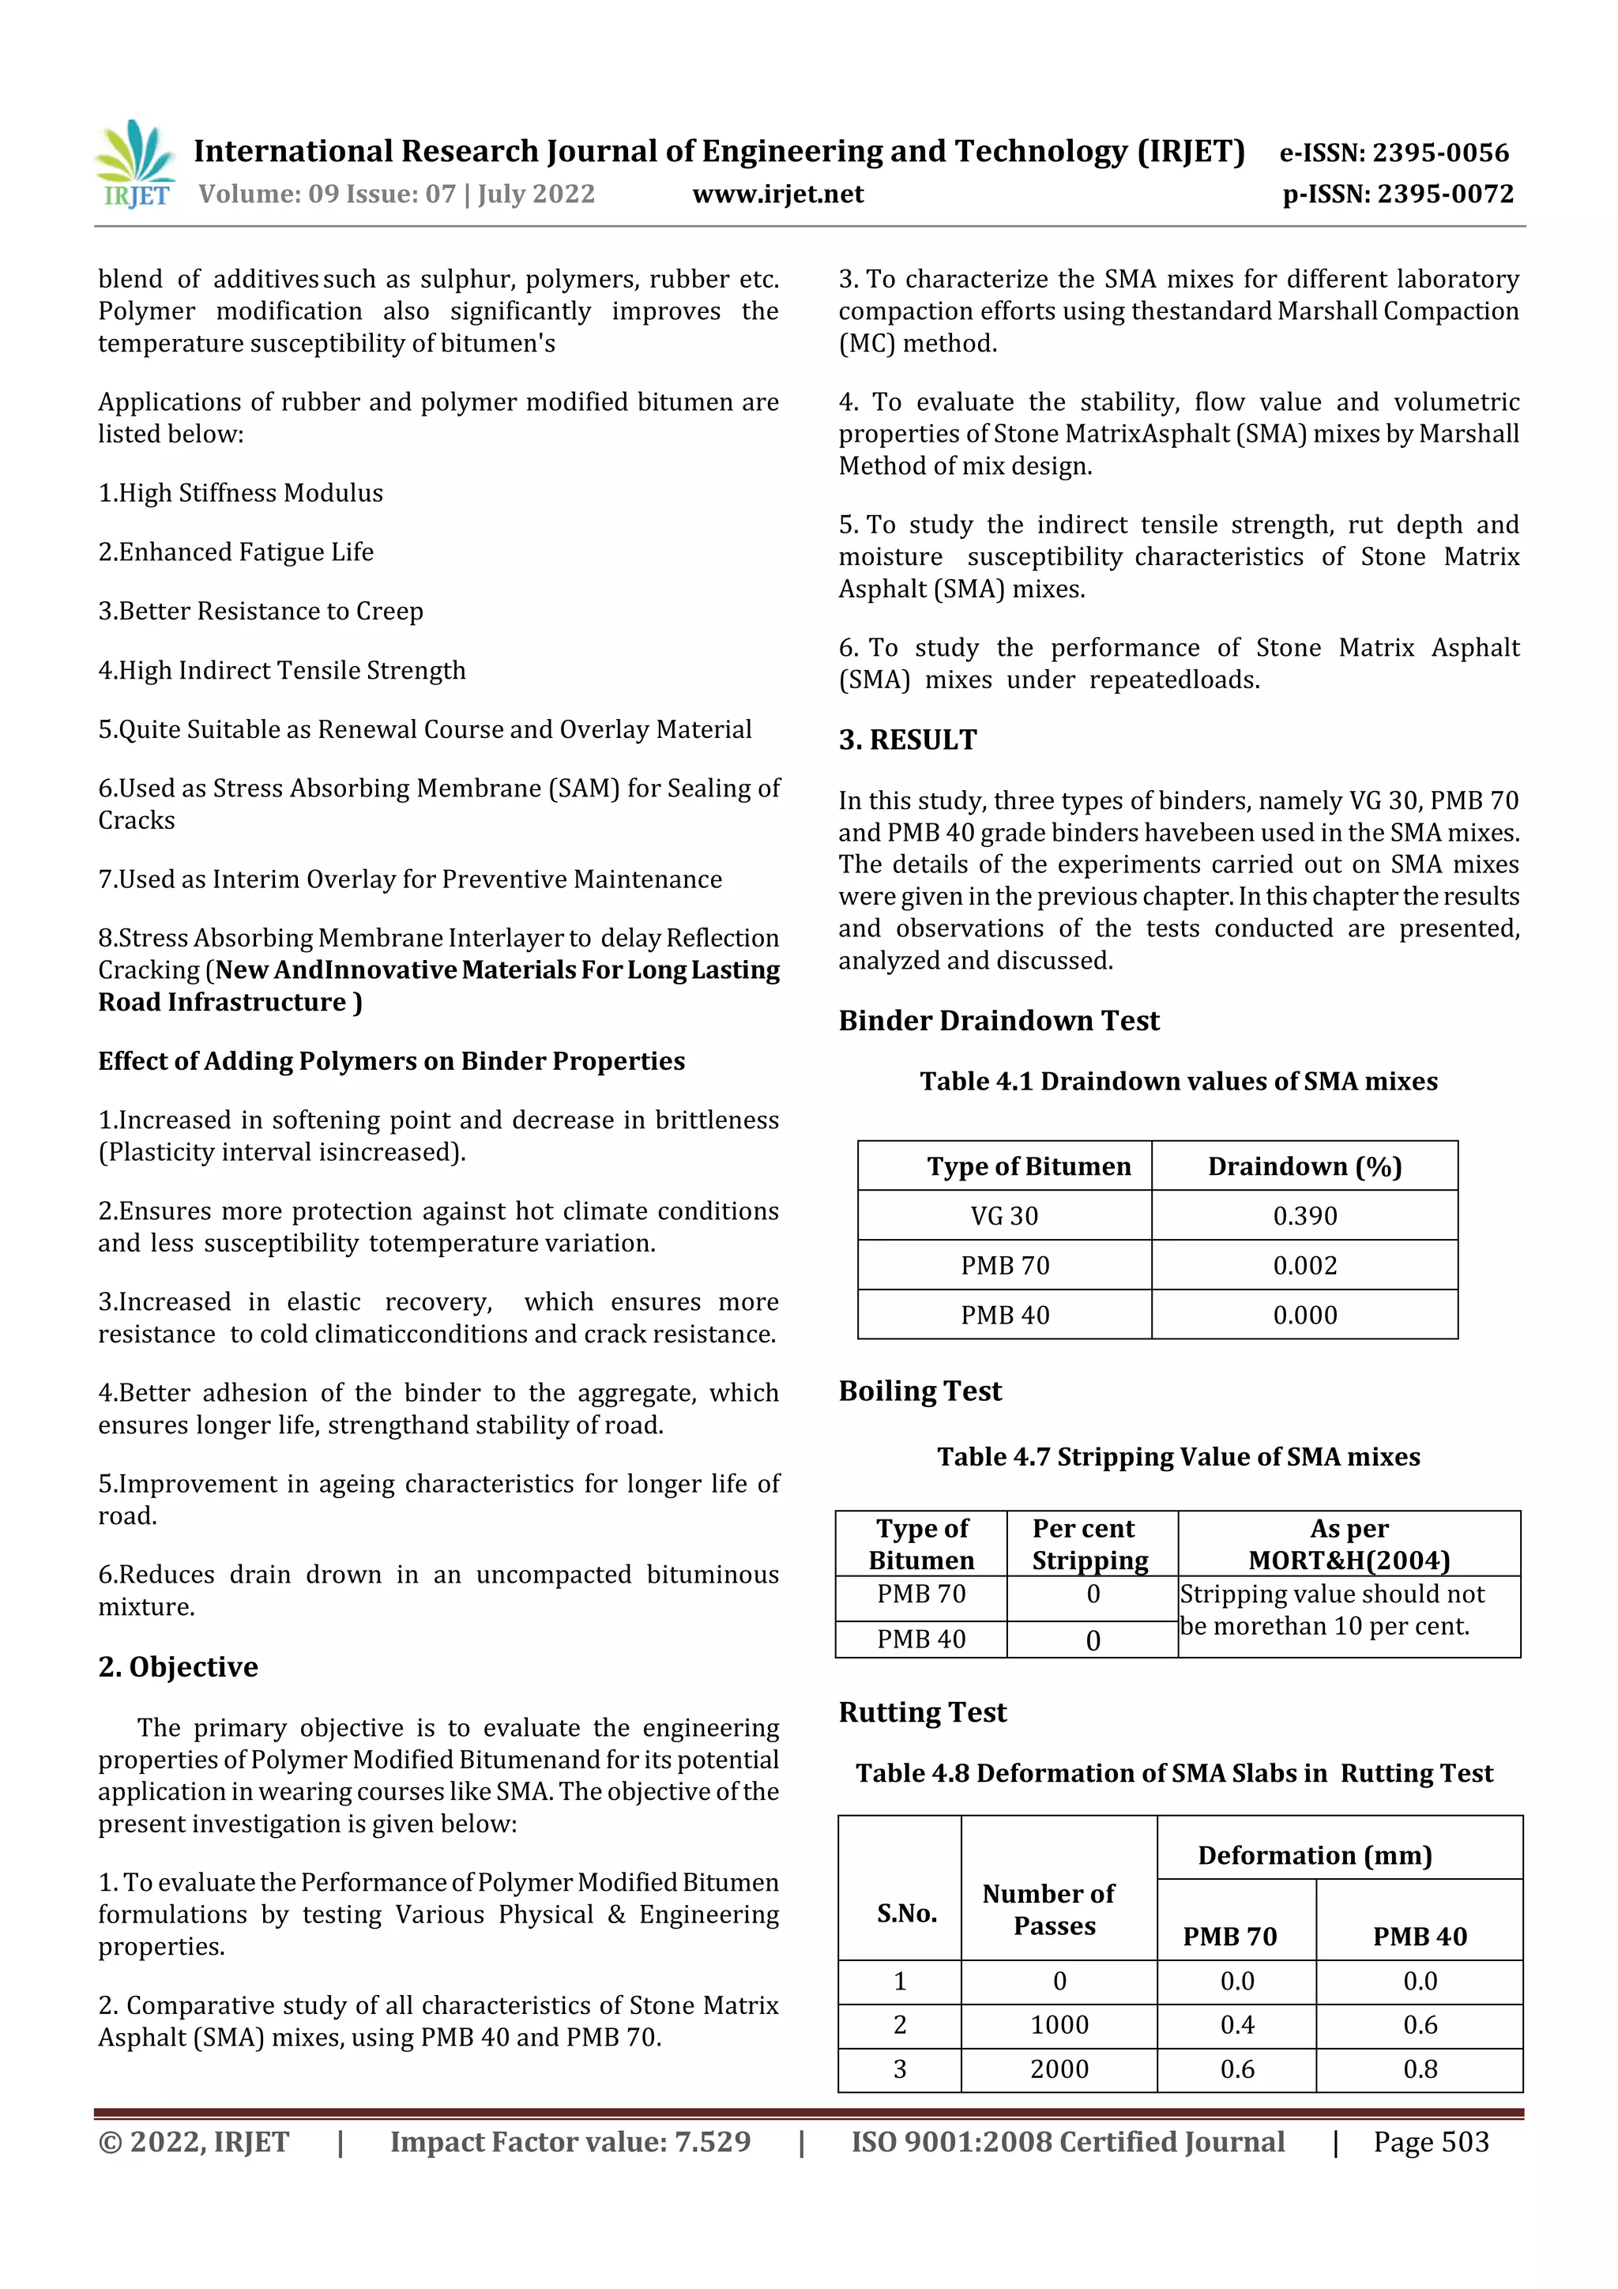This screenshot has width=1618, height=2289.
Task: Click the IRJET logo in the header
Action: (136, 164)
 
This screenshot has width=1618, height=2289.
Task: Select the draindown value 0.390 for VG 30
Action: (1304, 1215)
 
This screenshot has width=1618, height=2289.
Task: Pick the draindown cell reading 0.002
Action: (1304, 1265)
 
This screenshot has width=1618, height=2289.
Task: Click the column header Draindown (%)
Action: (1304, 1166)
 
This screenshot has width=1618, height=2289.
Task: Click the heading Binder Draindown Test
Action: (998, 1021)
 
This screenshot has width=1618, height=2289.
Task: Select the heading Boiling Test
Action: (919, 1391)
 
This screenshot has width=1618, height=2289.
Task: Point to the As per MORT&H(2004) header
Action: (1348, 1544)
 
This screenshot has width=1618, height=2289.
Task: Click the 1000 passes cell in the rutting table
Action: (1059, 2025)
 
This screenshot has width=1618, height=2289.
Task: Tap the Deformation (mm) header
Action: (1314, 1855)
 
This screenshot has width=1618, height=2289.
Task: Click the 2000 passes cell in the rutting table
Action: (1059, 2069)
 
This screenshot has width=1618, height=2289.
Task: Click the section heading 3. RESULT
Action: (907, 740)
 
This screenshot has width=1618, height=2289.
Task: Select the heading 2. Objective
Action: (178, 1667)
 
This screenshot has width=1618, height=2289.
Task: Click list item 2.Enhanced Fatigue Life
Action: (236, 552)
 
